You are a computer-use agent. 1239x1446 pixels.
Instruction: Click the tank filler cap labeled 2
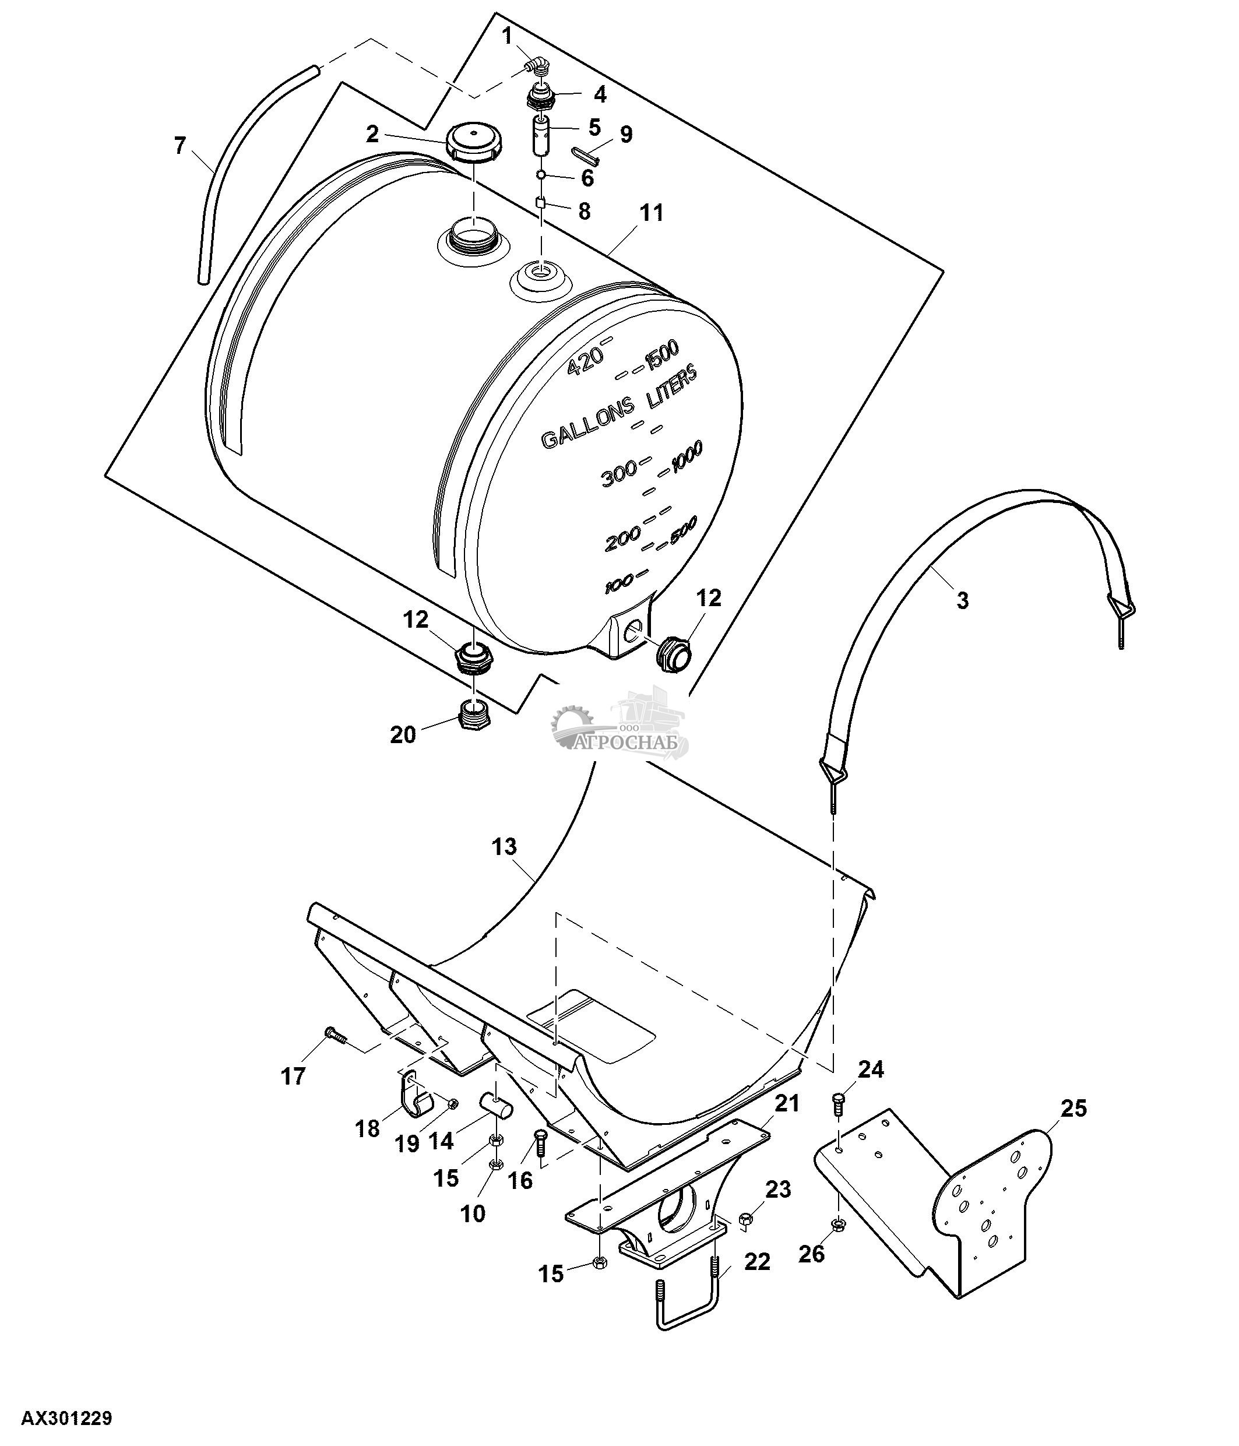[471, 142]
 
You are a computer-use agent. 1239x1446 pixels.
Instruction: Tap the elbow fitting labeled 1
[537, 67]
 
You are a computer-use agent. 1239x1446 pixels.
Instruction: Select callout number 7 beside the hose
[180, 146]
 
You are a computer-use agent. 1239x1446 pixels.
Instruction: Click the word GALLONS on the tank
[588, 427]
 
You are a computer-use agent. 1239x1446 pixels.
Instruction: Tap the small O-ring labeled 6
[541, 174]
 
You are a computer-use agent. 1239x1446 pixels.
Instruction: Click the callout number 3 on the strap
[963, 600]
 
